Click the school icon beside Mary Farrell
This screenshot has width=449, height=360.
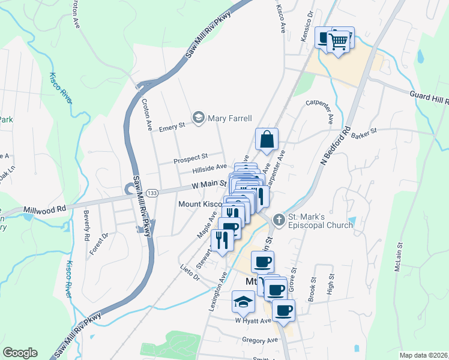[199, 118]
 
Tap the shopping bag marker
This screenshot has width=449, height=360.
[266, 139]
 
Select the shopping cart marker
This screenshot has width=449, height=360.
[339, 40]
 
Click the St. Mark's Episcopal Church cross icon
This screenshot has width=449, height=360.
[278, 220]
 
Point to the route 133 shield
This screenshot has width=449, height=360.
[152, 193]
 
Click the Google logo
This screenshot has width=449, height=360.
[20, 353]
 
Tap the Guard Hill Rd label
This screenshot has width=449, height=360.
[429, 95]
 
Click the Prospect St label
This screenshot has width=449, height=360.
[190, 158]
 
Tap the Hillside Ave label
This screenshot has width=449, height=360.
[209, 169]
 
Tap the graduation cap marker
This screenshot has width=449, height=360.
[243, 301]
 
